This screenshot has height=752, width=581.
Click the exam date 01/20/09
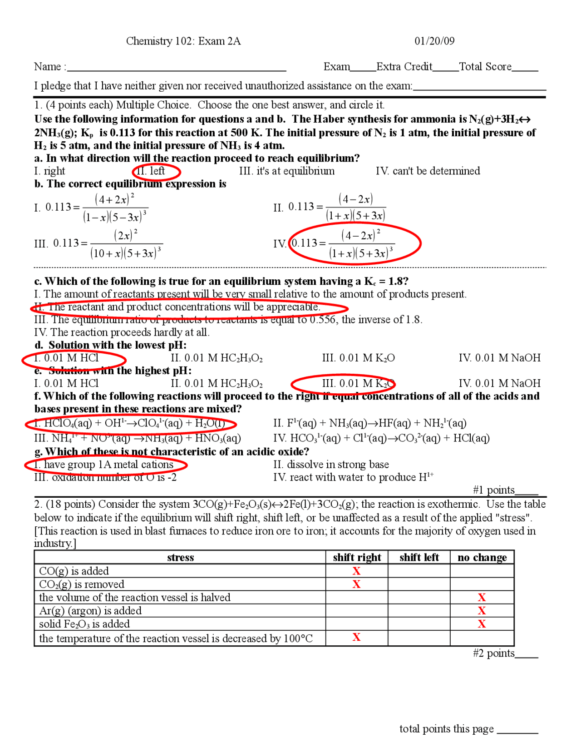(434, 41)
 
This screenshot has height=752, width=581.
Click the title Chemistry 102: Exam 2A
(183, 41)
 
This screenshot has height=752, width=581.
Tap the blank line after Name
(177, 68)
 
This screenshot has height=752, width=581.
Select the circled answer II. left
(156, 171)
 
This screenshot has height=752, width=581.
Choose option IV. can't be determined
(428, 171)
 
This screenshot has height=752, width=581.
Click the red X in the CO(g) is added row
(356, 571)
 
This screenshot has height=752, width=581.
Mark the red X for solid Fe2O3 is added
(482, 624)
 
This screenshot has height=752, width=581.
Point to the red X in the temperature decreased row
(356, 638)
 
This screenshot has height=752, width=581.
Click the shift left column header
(419, 558)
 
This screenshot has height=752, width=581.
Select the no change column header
(482, 558)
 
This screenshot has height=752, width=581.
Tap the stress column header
(180, 558)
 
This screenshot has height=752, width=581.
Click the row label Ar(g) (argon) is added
(90, 611)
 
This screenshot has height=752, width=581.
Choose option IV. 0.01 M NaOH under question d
(499, 358)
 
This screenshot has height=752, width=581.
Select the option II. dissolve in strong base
(331, 465)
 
